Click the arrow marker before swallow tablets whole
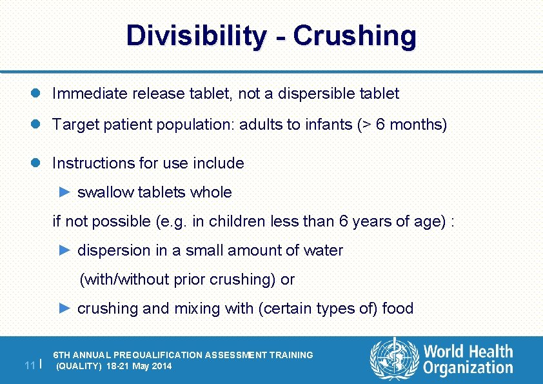pyautogui.click(x=64, y=192)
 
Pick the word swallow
pyautogui.click(x=104, y=192)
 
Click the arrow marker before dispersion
pyautogui.click(x=64, y=250)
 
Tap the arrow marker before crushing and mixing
pyautogui.click(x=64, y=308)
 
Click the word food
pyautogui.click(x=398, y=308)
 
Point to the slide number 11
pyautogui.click(x=28, y=365)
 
